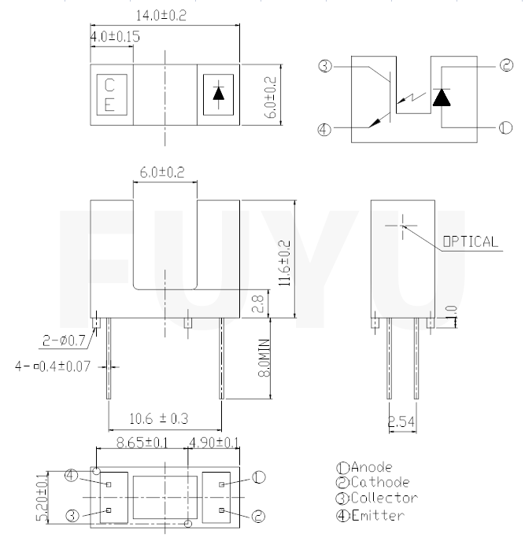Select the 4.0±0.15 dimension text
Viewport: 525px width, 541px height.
coord(115,37)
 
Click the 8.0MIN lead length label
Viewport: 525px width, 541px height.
coord(265,357)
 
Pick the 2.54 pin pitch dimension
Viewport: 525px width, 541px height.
coord(402,422)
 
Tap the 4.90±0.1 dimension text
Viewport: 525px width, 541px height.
coord(213,444)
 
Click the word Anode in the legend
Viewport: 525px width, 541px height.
coord(371,467)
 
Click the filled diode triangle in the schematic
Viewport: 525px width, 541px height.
coord(442,97)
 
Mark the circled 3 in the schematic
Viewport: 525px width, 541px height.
coord(324,67)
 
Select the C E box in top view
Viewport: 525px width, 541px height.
coord(109,94)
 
